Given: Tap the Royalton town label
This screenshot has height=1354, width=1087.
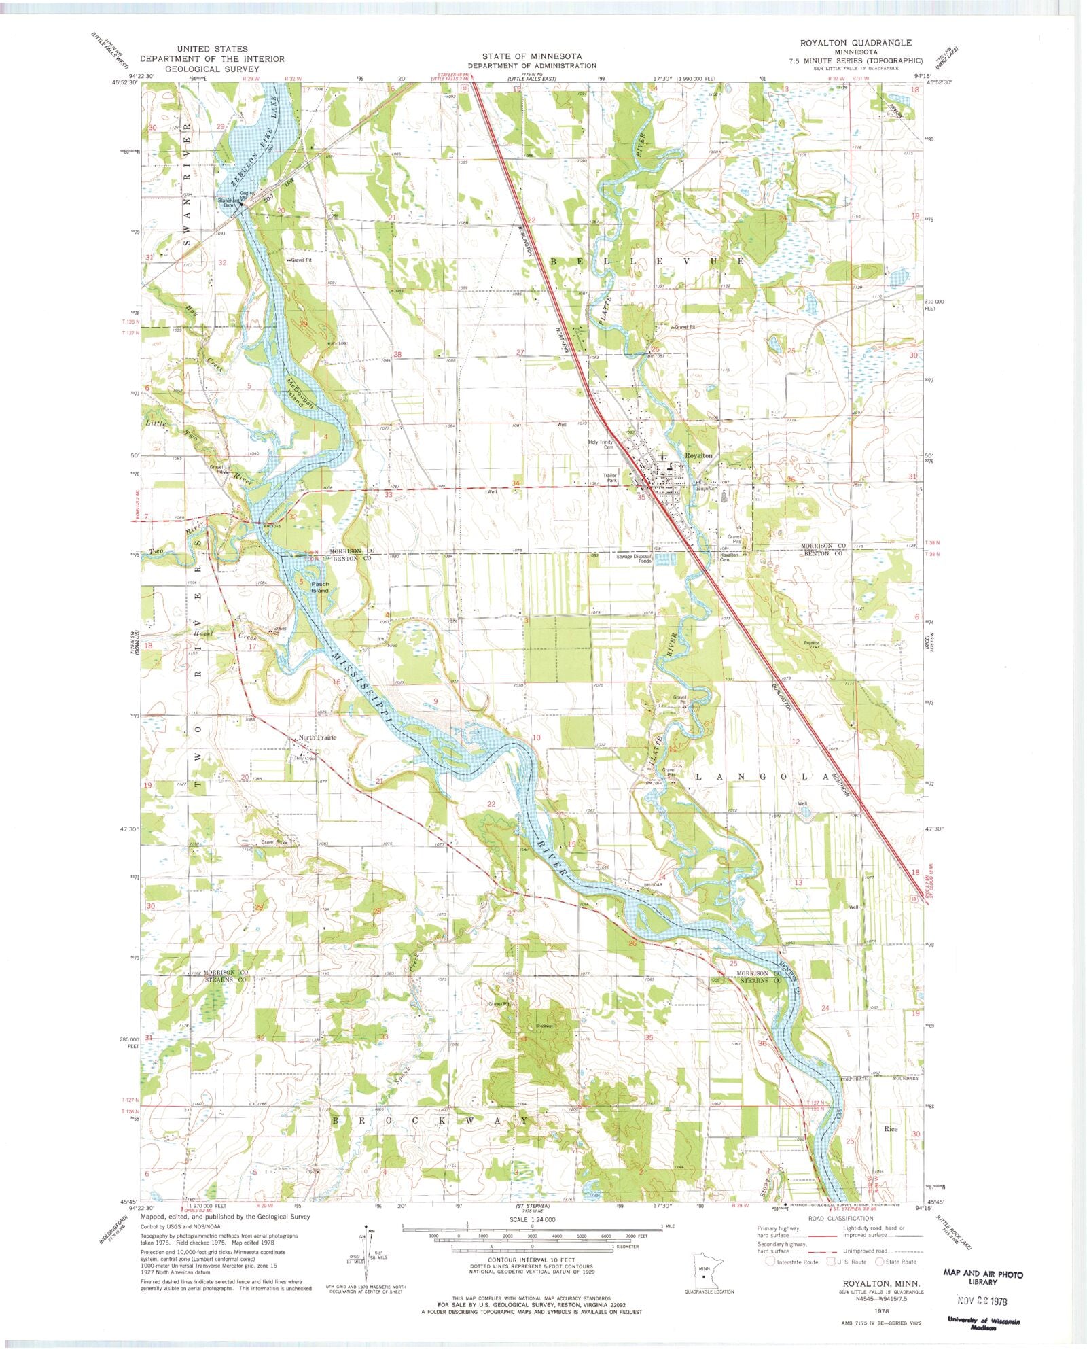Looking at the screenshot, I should pyautogui.click(x=698, y=455).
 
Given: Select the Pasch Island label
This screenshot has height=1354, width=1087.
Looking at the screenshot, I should pyautogui.click(x=320, y=587).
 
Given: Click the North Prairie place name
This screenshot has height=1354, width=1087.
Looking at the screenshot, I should pyautogui.click(x=317, y=737).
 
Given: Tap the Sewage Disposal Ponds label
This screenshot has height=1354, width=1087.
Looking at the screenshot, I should pyautogui.click(x=634, y=559).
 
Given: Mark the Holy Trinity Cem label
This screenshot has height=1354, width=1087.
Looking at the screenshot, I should pyautogui.click(x=601, y=445).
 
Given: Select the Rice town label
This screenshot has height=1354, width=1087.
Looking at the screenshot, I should pyautogui.click(x=891, y=1129).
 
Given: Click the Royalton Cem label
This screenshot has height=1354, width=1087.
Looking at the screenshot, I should pyautogui.click(x=731, y=557).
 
